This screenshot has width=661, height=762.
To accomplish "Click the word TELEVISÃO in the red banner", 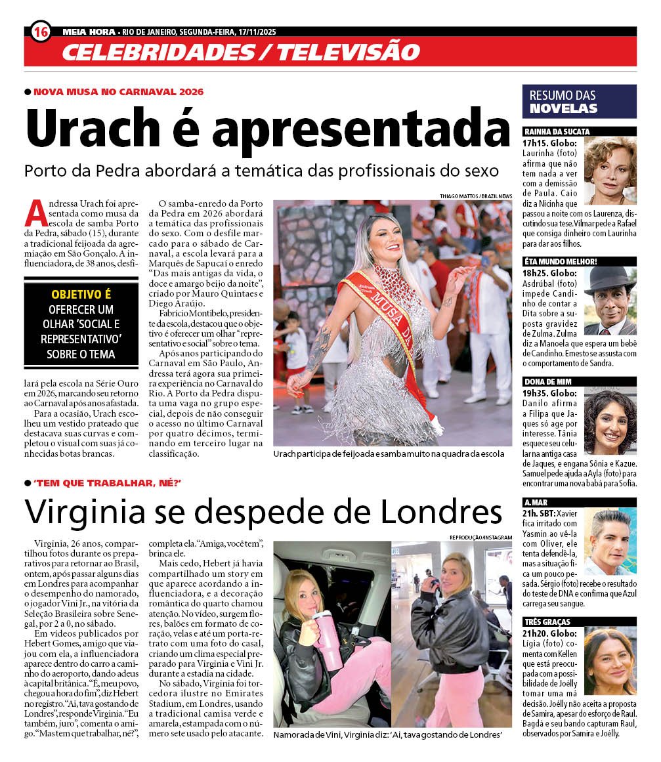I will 348,51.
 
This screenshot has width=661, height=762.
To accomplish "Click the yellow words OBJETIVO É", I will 81,294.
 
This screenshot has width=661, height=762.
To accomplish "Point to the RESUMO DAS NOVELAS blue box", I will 578,102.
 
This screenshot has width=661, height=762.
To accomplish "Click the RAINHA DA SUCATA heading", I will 557,131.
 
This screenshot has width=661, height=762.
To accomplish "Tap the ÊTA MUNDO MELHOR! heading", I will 561,261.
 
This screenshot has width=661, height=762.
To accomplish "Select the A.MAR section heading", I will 536,502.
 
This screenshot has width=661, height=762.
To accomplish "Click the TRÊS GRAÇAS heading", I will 547,621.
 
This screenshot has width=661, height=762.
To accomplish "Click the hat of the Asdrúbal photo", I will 610,279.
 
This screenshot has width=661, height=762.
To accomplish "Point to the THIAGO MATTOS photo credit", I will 477,196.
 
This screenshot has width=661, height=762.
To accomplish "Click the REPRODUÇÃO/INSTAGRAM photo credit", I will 480,537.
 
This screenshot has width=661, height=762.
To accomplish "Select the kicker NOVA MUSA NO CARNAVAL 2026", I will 118,91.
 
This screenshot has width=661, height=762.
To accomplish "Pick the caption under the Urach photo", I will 389,454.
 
